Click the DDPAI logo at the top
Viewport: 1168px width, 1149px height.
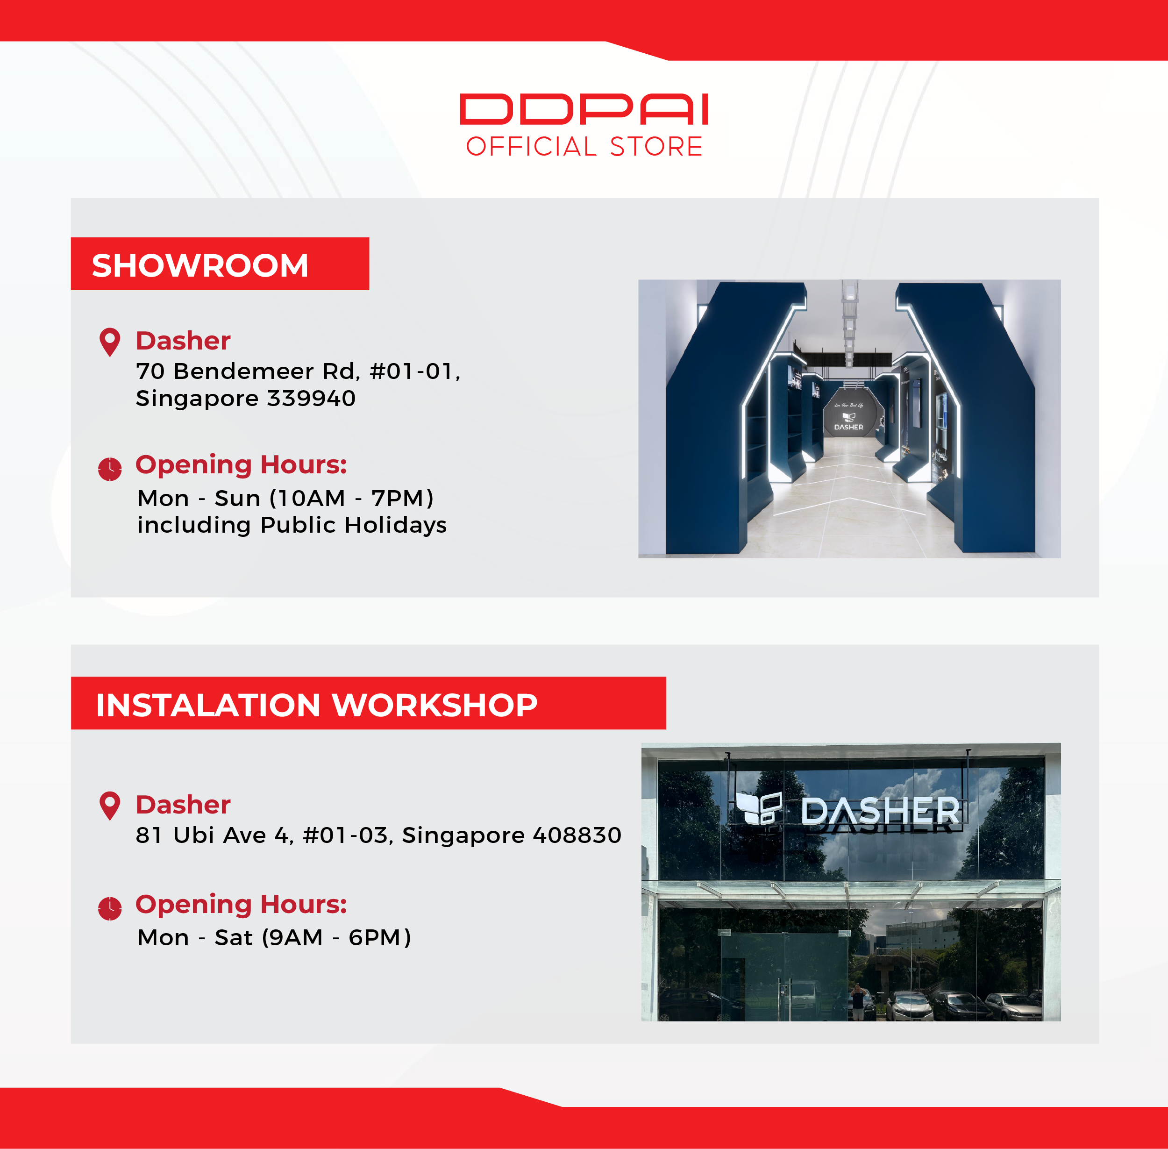pyautogui.click(x=584, y=109)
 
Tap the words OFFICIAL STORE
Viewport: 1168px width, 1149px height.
pyautogui.click(x=584, y=147)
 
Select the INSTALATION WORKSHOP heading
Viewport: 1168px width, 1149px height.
pyautogui.click(x=317, y=705)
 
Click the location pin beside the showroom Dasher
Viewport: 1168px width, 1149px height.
pyautogui.click(x=110, y=342)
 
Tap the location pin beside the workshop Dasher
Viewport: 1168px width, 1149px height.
pyautogui.click(x=110, y=806)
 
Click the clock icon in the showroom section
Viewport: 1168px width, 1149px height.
pyautogui.click(x=110, y=469)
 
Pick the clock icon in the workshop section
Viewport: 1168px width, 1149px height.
pyautogui.click(x=110, y=908)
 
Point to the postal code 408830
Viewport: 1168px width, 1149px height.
pyautogui.click(x=577, y=835)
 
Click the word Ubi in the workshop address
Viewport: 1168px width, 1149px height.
pyautogui.click(x=194, y=835)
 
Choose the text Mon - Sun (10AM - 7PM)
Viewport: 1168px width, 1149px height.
pyautogui.click(x=285, y=499)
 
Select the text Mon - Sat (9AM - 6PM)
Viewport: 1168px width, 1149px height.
pyautogui.click(x=275, y=938)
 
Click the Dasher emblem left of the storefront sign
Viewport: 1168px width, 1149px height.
pyautogui.click(x=759, y=808)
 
